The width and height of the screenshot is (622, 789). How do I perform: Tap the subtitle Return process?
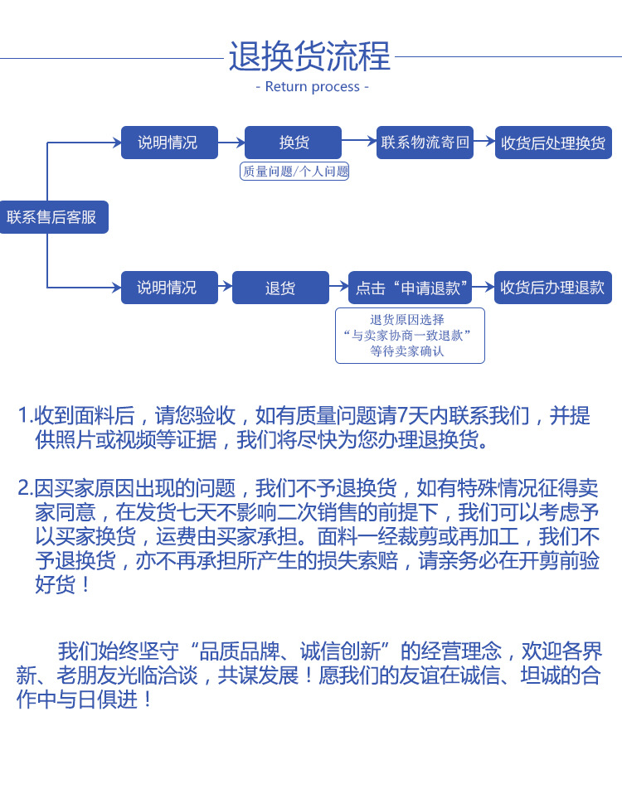point(312,86)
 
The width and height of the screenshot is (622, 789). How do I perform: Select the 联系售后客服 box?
point(52,217)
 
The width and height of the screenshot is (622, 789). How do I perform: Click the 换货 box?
point(293,143)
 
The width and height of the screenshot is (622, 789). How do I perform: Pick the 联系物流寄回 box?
point(425,142)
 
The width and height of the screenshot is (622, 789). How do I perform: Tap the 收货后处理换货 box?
point(552,143)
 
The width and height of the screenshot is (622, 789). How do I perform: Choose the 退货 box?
point(280,288)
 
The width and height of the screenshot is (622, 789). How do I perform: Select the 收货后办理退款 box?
point(552,288)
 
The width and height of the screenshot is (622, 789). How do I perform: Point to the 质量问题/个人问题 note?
point(294,172)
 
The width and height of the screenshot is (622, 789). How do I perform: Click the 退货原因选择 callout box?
point(409,335)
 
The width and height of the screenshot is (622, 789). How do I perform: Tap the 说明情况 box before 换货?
point(169,143)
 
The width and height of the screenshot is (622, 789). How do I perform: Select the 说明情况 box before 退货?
point(169,288)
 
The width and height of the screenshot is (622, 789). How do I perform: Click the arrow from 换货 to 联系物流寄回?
point(359,142)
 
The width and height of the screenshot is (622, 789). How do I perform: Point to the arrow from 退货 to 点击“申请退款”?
point(338,287)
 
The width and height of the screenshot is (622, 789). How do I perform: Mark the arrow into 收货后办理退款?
point(484,287)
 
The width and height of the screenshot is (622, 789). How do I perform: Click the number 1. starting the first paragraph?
point(25,415)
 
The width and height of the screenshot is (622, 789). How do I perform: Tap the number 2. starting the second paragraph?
point(25,486)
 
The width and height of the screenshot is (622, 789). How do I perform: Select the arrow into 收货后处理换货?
point(484,142)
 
